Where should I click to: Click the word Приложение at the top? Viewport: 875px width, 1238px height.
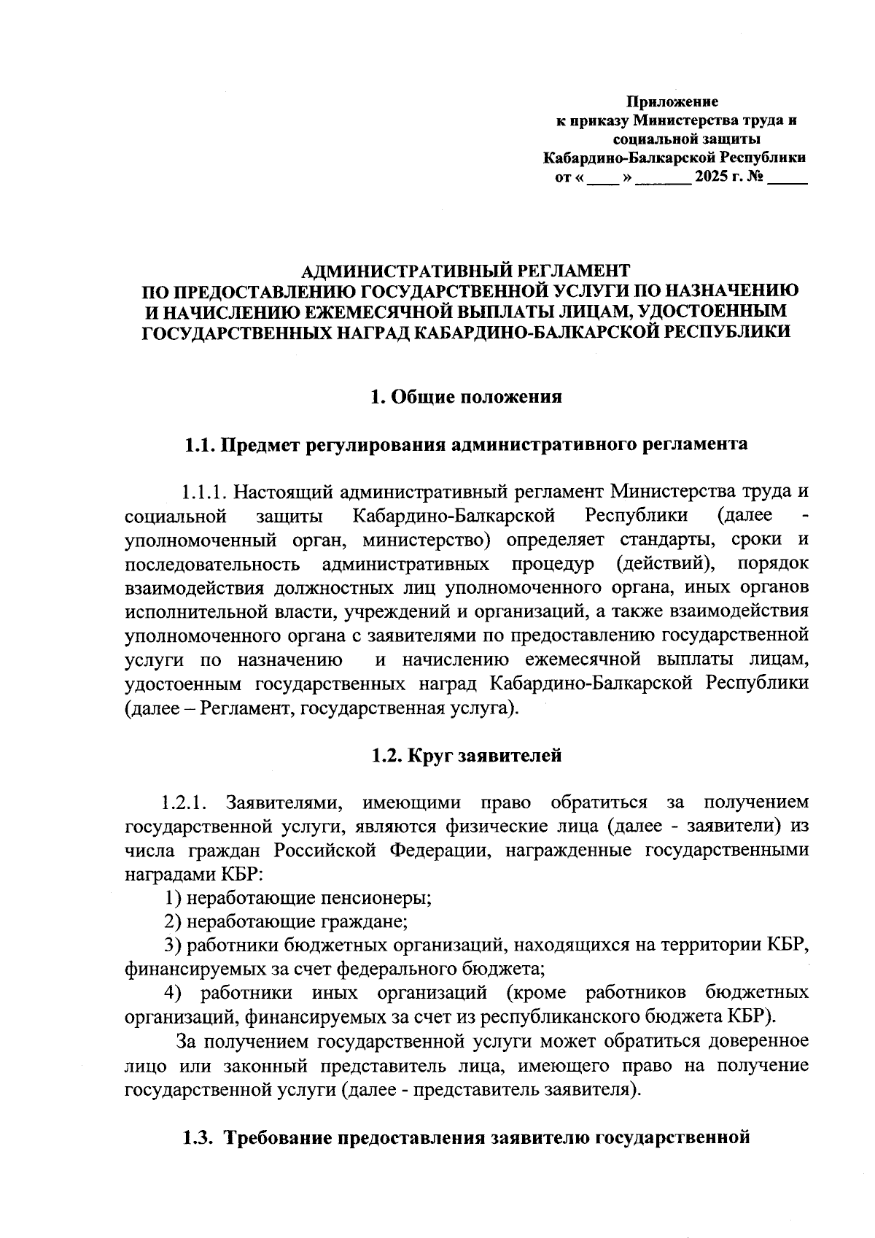674,101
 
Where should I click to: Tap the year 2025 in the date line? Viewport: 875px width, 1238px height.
714,177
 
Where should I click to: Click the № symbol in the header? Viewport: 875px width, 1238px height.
754,177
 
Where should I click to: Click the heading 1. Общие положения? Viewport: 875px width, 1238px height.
467,397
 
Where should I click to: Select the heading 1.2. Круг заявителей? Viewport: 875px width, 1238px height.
467,756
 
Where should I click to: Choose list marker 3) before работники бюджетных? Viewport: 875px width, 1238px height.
173,945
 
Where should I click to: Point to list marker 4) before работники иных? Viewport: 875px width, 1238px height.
173,993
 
